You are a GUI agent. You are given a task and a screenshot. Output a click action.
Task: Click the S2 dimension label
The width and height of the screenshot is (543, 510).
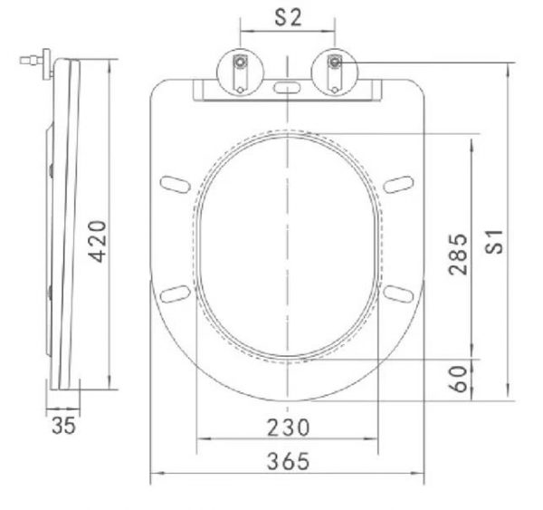[x=287, y=16]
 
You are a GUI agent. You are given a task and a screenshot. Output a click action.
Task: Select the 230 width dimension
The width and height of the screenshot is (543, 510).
[x=287, y=426]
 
